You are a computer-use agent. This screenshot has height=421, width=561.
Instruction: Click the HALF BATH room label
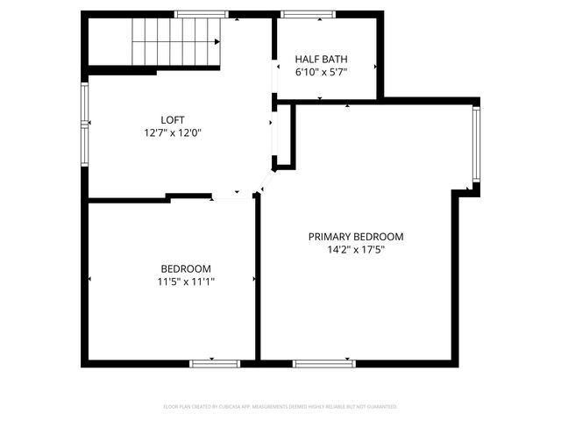pyautogui.click(x=321, y=60)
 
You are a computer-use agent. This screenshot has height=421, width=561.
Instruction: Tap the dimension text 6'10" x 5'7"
pyautogui.click(x=321, y=73)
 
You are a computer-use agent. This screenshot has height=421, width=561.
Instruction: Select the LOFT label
pyautogui.click(x=173, y=120)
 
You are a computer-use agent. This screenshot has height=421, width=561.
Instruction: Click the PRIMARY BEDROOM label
pyautogui.click(x=355, y=237)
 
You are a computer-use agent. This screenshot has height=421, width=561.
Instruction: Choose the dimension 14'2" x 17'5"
pyautogui.click(x=355, y=250)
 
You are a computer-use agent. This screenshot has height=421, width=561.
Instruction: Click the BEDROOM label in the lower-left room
pyautogui.click(x=185, y=268)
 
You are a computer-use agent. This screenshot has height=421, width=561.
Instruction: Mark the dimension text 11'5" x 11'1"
pyautogui.click(x=185, y=282)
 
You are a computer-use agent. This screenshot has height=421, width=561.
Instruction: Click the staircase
pyautogui.click(x=174, y=42)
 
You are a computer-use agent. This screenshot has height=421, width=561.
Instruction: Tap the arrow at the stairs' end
pyautogui.click(x=215, y=41)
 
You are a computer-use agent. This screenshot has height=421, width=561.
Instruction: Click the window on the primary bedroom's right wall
pyautogui.click(x=476, y=146)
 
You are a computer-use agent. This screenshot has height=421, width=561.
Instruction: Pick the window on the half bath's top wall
pyautogui.click(x=301, y=14)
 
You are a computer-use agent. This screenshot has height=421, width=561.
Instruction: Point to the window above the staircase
pyautogui.click(x=195, y=14)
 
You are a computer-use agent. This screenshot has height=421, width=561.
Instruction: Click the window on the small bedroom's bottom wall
pyautogui.click(x=215, y=362)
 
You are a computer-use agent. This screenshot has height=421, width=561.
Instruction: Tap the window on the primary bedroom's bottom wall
pyautogui.click(x=323, y=362)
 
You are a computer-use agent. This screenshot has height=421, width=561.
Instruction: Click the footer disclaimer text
pyautogui.click(x=280, y=407)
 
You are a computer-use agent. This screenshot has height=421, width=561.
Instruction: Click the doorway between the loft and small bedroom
pyautogui.click(x=232, y=198)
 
